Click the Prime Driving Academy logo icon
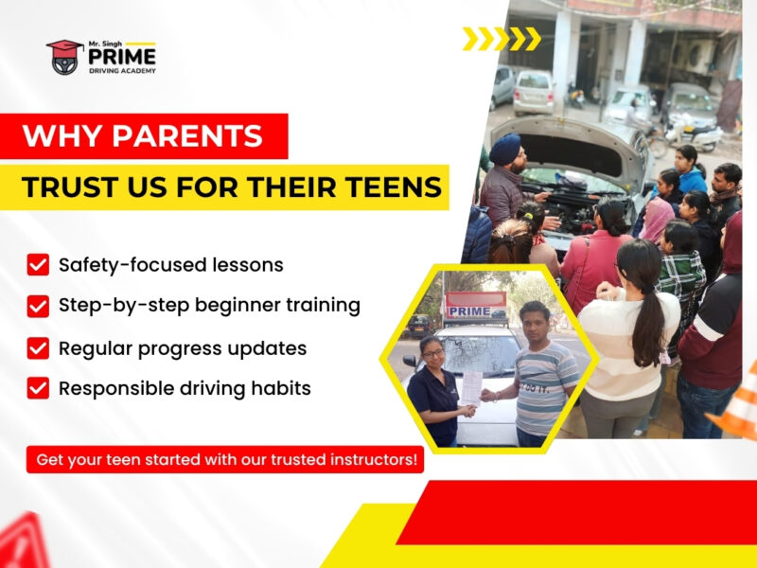pyautogui.click(x=64, y=57)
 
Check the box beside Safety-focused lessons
pyautogui.click(x=38, y=265)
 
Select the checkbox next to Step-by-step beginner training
pyautogui.click(x=38, y=307)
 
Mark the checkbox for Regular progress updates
pyautogui.click(x=38, y=348)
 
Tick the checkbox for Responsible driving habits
pyautogui.click(x=38, y=388)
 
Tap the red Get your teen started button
pyautogui.click(x=225, y=460)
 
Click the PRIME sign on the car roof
pyautogui.click(x=470, y=311)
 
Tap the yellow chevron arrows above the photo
pyautogui.click(x=502, y=39)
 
